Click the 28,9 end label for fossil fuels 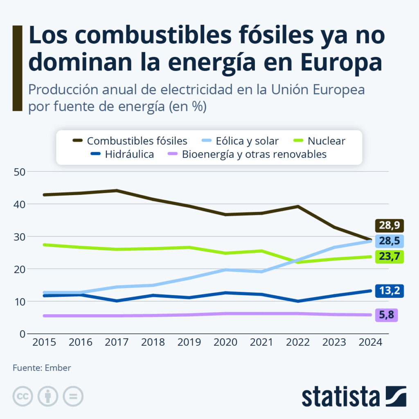[390, 225]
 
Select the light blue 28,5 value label [390, 241]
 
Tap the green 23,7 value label [390, 257]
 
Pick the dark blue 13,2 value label [390, 291]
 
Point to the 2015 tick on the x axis [44, 343]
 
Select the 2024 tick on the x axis [370, 343]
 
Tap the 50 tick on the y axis [20, 172]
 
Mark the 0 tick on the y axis [23, 334]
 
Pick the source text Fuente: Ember [42, 368]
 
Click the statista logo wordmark [341, 397]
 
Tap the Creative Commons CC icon [23, 396]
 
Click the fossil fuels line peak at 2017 [117, 190]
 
